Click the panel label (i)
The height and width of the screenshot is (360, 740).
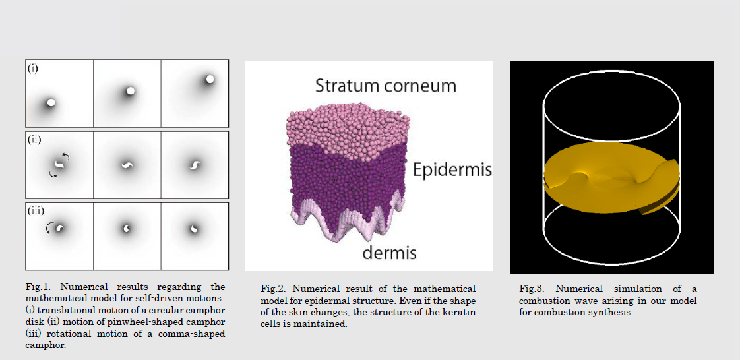32,69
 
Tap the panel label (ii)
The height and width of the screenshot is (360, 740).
34,140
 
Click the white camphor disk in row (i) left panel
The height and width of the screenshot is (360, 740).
51,102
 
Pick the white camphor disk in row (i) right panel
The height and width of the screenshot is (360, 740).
210,79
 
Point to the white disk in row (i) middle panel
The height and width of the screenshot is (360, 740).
131,90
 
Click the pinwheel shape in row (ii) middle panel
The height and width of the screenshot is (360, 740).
127,165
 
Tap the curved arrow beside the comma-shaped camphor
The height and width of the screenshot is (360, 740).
49,228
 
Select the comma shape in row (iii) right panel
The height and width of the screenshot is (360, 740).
194,229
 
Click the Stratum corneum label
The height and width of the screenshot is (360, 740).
386,86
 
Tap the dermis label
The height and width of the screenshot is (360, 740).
389,253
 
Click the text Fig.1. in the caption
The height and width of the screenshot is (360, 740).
36,286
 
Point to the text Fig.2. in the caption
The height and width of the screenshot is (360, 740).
271,288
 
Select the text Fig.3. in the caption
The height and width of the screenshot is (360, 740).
530,288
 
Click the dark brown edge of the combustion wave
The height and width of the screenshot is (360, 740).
660,200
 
